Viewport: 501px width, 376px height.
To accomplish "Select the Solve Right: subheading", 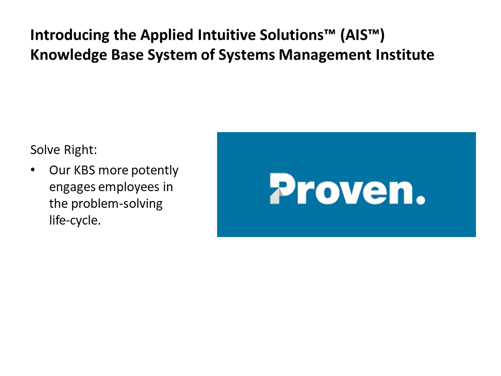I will [64, 150].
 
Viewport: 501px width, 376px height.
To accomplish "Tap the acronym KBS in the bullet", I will [82, 170].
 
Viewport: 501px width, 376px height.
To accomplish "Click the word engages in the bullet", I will [70, 187].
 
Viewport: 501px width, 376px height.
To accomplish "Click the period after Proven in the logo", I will [421, 199].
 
